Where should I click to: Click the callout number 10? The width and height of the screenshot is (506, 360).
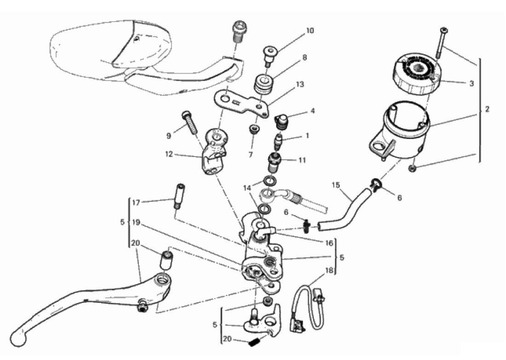coord(310,31)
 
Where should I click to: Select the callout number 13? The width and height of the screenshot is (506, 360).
coord(300,85)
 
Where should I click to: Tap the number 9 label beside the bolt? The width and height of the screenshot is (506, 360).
coord(169,136)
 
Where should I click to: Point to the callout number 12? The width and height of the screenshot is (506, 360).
coord(169,154)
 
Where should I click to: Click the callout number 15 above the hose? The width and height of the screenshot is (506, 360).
coord(336,185)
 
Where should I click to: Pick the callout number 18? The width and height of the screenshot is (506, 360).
coord(329,271)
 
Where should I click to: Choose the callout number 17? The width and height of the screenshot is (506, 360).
coord(136,203)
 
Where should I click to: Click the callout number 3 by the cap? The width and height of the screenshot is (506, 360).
coord(471,84)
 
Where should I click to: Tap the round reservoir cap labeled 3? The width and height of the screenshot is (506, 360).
coord(416,75)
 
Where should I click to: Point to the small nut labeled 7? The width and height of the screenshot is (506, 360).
coord(253,129)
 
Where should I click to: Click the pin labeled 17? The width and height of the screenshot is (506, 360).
coord(179,196)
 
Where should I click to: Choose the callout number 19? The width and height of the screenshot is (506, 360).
coord(136,223)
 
